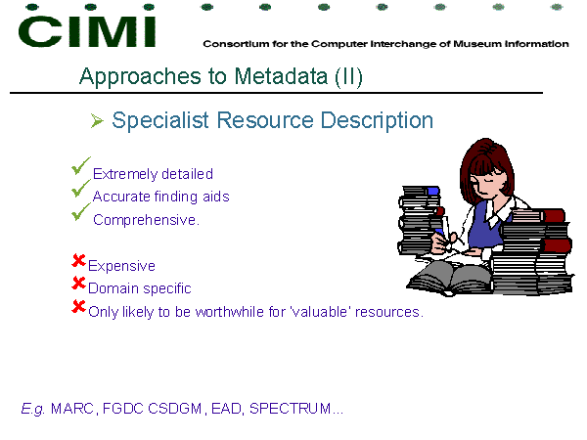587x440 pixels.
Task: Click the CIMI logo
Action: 87,31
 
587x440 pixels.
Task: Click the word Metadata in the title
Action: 281,76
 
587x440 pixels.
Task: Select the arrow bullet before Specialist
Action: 97,121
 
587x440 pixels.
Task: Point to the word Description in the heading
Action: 377,121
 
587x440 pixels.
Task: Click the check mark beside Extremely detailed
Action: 81,166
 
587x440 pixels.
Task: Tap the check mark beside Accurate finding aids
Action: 81,188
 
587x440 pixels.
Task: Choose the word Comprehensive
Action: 146,220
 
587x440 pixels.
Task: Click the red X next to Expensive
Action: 78,260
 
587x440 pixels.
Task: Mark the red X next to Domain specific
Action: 78,283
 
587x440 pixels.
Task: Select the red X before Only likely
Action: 78,306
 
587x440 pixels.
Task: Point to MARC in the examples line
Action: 72,408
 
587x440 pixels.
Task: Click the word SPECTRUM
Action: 291,408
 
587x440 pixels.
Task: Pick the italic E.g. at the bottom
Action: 33,409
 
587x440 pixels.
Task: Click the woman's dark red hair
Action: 486,161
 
